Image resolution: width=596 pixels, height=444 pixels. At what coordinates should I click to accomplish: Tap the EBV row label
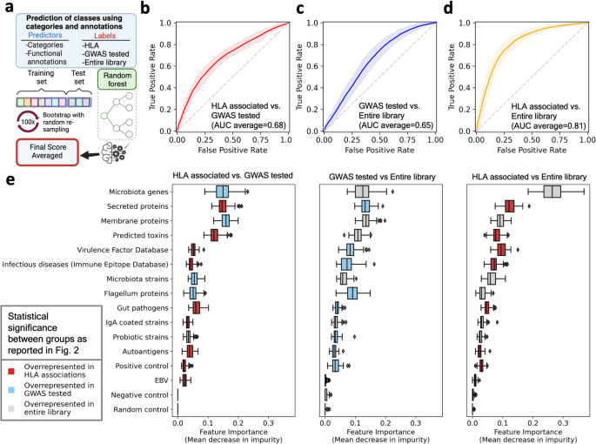pos(160,380)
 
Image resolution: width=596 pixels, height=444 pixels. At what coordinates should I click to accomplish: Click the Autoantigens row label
pos(144,350)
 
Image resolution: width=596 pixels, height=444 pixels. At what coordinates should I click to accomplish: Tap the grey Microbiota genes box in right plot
pos(552,192)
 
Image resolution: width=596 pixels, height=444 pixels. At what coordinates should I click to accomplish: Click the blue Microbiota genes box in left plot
pos(223,192)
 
